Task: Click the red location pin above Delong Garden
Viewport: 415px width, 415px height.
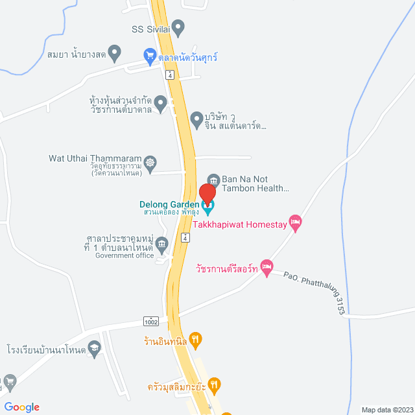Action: click(207, 193)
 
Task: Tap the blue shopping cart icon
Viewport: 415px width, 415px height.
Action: click(150, 56)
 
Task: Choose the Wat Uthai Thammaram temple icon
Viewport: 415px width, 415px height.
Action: click(150, 162)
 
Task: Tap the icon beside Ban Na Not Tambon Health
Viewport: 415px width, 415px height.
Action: click(212, 179)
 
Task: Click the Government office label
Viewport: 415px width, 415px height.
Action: click(124, 255)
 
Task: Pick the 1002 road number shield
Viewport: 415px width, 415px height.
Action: click(151, 322)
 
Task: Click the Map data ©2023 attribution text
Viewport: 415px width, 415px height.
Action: click(386, 410)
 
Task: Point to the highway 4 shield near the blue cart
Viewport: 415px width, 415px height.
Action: click(170, 75)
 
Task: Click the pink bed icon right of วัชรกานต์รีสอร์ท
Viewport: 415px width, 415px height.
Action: click(267, 267)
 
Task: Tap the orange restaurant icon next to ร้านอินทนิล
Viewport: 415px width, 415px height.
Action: click(196, 338)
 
